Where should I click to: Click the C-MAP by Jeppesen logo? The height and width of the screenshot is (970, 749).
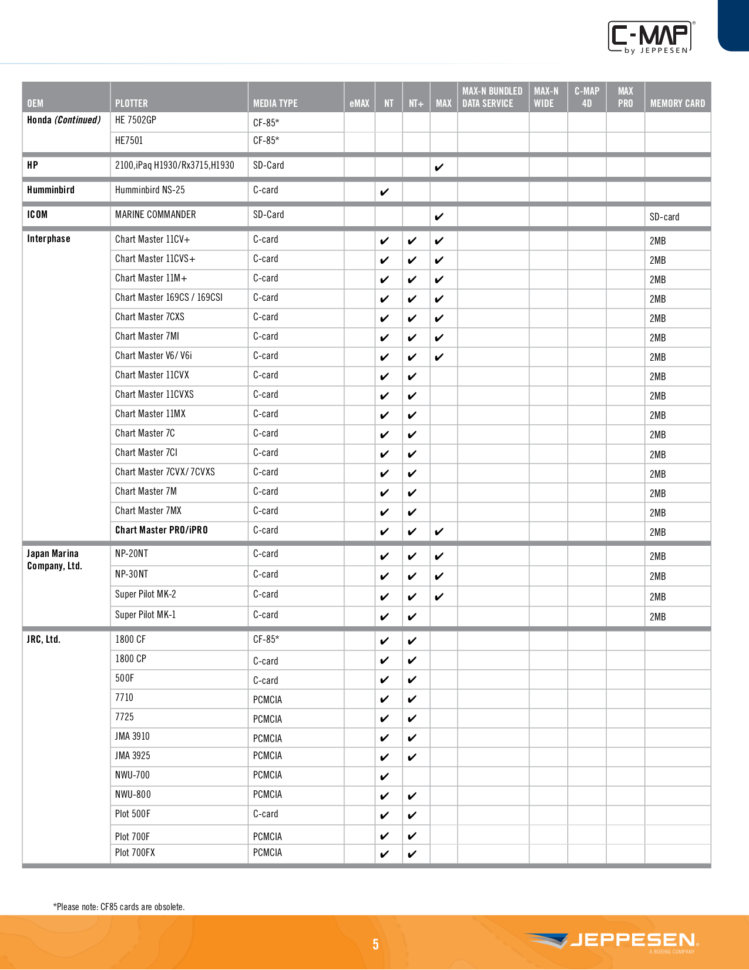651,38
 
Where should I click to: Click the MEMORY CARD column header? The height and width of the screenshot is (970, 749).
677,103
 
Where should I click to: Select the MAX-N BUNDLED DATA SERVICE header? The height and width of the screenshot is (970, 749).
492,97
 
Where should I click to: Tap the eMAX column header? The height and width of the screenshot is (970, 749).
359,103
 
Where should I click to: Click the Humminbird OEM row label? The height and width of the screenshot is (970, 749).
51,190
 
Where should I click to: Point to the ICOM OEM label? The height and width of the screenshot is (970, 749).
37,214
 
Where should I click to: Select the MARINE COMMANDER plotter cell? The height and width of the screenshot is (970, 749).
155,214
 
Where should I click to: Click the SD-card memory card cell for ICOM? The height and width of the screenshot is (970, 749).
664,217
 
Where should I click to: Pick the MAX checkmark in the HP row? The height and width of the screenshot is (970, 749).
439,167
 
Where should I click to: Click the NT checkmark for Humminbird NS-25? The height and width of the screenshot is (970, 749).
384,192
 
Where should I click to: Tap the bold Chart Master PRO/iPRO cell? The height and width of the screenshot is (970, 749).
161,530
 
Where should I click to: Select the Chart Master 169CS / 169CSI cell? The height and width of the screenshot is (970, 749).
169,297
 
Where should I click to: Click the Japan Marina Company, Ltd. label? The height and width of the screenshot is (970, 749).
54,559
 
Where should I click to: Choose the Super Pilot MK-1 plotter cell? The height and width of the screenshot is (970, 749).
145,615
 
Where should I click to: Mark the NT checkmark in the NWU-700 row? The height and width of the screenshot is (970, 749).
384,777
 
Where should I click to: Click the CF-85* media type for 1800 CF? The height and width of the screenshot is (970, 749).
266,639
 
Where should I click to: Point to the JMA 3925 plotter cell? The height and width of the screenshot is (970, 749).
132,756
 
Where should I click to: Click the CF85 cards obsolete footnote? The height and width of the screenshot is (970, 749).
119,907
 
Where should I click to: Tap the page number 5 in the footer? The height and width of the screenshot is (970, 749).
375,944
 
